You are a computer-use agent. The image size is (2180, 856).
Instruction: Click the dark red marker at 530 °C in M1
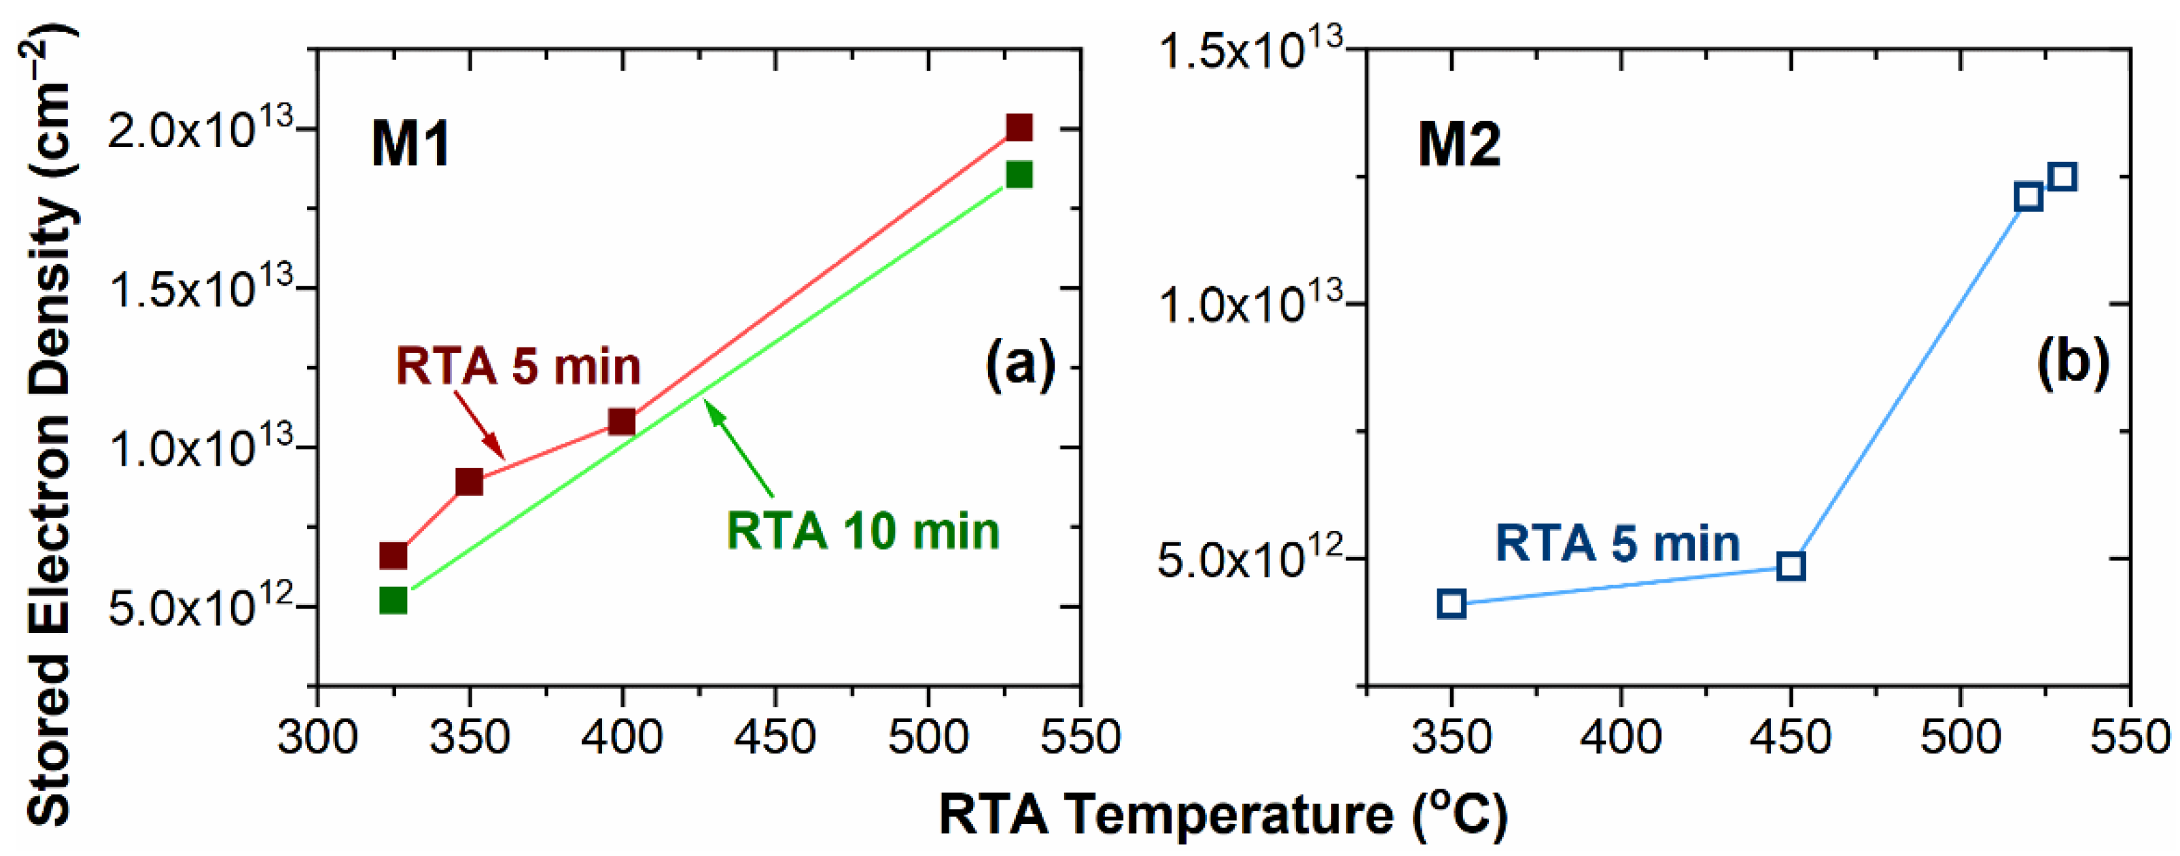tap(1019, 128)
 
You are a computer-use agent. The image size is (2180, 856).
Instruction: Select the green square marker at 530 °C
tap(1019, 175)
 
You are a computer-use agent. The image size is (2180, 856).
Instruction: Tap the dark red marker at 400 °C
tap(622, 421)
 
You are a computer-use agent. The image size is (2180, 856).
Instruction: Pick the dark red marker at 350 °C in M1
tap(469, 482)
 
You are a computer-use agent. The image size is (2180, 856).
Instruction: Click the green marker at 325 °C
tap(393, 600)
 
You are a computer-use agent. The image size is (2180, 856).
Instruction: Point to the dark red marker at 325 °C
tap(393, 555)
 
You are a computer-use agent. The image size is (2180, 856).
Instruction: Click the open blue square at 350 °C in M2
tap(1452, 604)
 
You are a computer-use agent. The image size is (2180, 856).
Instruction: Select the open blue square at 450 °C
tap(1791, 566)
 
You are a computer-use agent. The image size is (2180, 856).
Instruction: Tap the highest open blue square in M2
tap(2062, 177)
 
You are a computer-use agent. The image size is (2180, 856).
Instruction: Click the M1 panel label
tap(410, 144)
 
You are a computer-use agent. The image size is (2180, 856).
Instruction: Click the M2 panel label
tap(1459, 145)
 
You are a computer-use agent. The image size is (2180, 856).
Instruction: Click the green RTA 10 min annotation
tap(862, 531)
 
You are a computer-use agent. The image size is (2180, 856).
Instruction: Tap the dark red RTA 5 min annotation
tap(518, 366)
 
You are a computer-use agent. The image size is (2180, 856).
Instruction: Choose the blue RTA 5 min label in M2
tap(1617, 543)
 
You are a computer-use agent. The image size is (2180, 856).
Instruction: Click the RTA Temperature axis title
tap(1223, 815)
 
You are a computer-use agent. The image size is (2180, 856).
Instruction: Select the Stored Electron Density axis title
tap(49, 424)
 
